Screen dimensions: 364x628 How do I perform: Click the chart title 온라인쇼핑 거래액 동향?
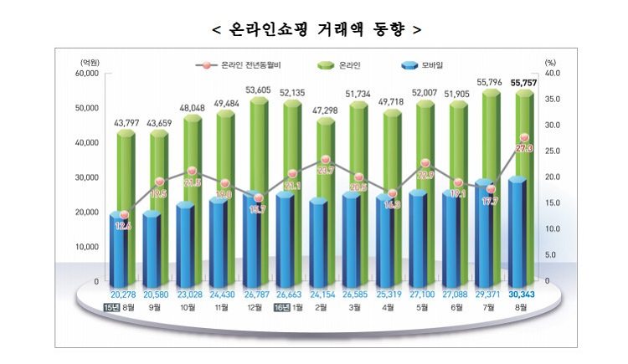tap(314, 29)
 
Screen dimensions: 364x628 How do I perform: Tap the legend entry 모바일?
tap(439, 64)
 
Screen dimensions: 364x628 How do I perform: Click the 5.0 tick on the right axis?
tap(549, 255)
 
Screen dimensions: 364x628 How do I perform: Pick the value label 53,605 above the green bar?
tap(256, 90)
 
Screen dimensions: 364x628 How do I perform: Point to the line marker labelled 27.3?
tap(524, 138)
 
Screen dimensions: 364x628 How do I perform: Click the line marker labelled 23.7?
tap(326, 159)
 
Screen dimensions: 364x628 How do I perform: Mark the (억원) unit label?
tap(90, 63)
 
